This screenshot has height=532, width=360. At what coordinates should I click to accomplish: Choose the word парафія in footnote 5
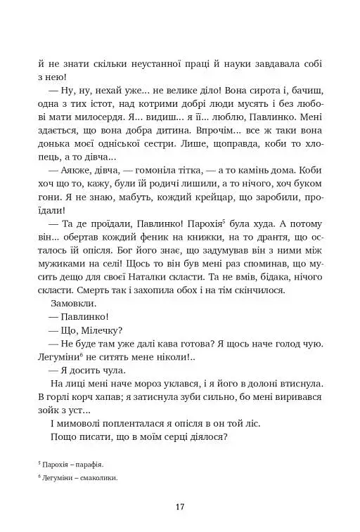[91, 464]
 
